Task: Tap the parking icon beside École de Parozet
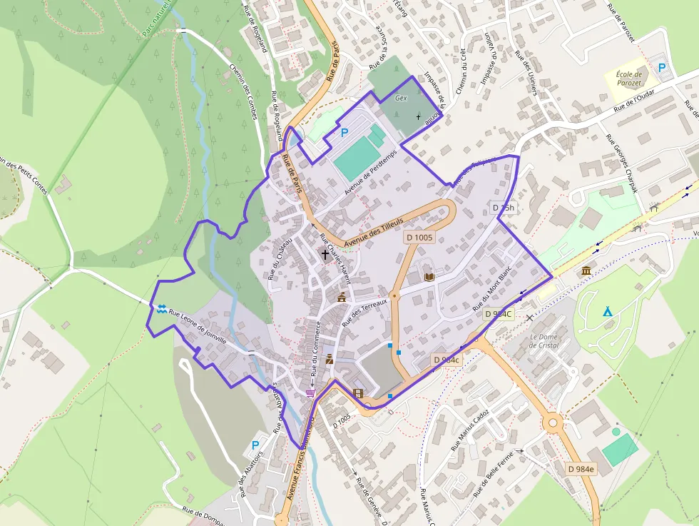tap(663, 68)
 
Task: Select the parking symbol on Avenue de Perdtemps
tap(345, 132)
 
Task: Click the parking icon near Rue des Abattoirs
tap(255, 445)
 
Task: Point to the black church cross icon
tap(325, 253)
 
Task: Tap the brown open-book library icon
tap(429, 277)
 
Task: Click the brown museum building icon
tap(586, 270)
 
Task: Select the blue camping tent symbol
tap(607, 311)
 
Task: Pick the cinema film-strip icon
tap(357, 393)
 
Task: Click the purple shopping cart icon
tap(310, 393)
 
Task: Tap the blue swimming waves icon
tap(163, 308)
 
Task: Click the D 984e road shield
tap(581, 469)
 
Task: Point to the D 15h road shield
tap(504, 208)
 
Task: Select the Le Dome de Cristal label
tap(544, 340)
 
